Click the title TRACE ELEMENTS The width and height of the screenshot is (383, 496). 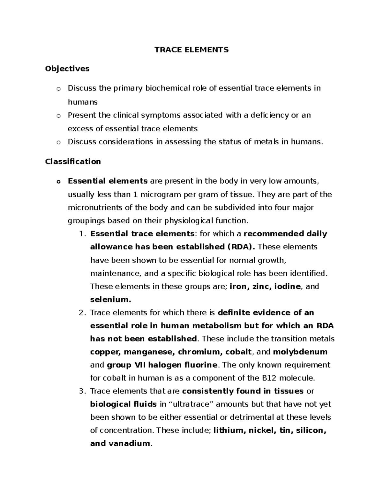[x=191, y=50]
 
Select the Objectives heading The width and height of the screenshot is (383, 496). [x=67, y=69]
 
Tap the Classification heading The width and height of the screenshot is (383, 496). [x=73, y=162]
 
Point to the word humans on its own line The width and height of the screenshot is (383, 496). [x=83, y=102]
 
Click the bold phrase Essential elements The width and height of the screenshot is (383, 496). [x=108, y=181]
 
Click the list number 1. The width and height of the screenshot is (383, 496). [x=82, y=234]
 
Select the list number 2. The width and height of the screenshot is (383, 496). [x=82, y=313]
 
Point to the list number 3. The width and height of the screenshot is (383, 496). [x=82, y=391]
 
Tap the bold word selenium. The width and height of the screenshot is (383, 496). [x=110, y=300]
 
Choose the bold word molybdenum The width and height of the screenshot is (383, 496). [x=300, y=352]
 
